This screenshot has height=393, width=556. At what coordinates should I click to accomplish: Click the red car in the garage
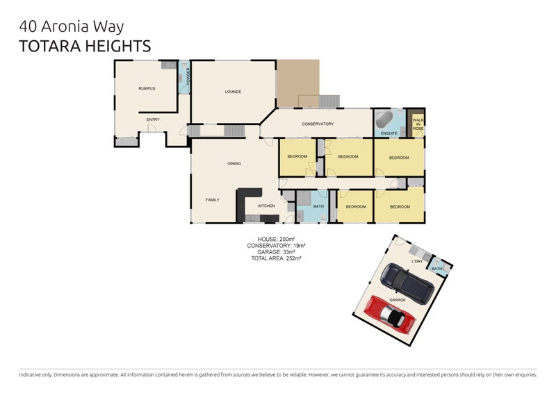(390, 315)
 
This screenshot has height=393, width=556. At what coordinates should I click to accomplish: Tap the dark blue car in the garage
(407, 283)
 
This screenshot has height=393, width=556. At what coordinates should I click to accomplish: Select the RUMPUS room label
(147, 89)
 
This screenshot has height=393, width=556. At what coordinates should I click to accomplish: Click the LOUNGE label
(233, 92)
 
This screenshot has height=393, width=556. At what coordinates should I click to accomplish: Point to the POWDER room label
(188, 76)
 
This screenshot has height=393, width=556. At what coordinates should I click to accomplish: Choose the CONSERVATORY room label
(318, 124)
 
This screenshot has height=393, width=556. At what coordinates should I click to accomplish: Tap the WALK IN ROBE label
(418, 124)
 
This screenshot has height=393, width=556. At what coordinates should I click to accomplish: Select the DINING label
(234, 164)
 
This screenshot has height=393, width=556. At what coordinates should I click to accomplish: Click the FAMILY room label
(213, 200)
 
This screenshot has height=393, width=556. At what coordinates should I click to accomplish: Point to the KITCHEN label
(266, 206)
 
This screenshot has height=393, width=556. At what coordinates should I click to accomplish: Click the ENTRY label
(153, 120)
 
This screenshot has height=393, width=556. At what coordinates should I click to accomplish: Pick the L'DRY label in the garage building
(418, 262)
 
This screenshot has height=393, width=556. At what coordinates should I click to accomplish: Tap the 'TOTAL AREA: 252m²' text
(276, 259)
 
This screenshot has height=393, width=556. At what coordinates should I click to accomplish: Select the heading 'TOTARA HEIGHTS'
(85, 47)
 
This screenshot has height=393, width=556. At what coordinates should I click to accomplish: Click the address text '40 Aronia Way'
(72, 26)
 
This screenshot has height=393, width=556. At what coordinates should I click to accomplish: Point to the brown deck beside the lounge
(298, 83)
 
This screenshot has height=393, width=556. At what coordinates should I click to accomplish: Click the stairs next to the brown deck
(329, 101)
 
